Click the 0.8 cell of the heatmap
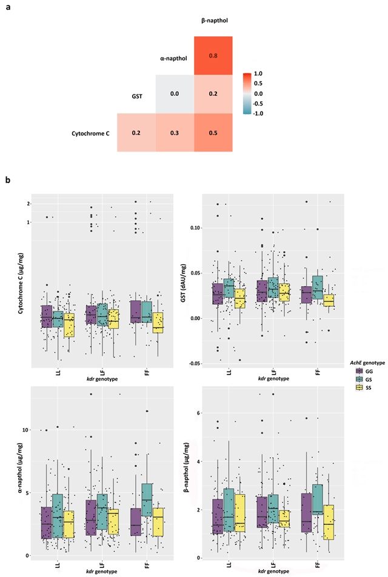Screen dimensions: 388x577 pyautogui.click(x=213, y=56)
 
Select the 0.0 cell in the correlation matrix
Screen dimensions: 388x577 pyautogui.click(x=175, y=94)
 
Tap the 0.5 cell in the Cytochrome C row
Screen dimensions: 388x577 pyautogui.click(x=213, y=133)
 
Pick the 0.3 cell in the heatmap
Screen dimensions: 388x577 pyautogui.click(x=175, y=133)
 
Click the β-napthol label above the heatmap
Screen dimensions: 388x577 pyautogui.click(x=215, y=21)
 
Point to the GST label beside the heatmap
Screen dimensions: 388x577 pyautogui.click(x=137, y=96)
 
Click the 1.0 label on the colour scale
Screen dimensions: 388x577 pyautogui.click(x=258, y=73)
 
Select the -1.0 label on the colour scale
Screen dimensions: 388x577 pyautogui.click(x=258, y=113)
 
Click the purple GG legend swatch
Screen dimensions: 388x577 pyautogui.click(x=359, y=372)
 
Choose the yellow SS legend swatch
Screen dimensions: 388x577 pyautogui.click(x=359, y=387)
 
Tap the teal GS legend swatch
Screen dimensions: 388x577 pyautogui.click(x=359, y=379)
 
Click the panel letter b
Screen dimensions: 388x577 pyautogui.click(x=8, y=180)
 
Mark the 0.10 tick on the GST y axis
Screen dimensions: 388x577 pyautogui.click(x=195, y=228)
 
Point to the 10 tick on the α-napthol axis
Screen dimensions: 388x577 pyautogui.click(x=25, y=430)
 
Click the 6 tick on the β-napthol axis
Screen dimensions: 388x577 pyautogui.click(x=198, y=413)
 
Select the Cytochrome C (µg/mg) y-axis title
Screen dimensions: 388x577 pyautogui.click(x=21, y=284)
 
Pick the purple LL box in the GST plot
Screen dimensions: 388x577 pyautogui.click(x=218, y=293)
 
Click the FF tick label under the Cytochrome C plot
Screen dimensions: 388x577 pyautogui.click(x=147, y=372)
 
